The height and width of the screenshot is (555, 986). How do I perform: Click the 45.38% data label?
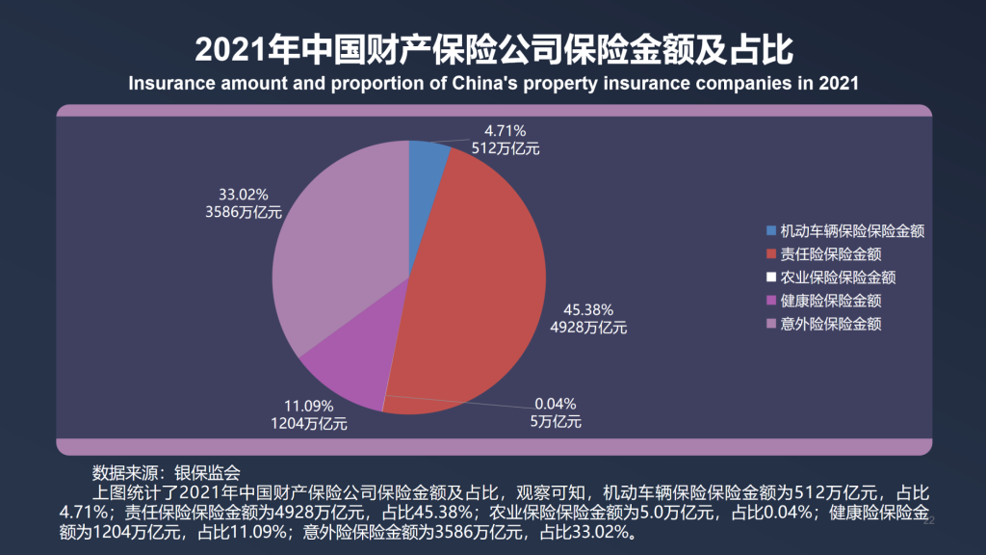click(x=588, y=310)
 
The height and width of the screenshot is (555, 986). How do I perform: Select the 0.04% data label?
click(x=555, y=404)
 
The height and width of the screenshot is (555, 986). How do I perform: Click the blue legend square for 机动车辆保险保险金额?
click(x=770, y=231)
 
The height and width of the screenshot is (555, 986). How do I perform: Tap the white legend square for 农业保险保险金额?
click(x=770, y=277)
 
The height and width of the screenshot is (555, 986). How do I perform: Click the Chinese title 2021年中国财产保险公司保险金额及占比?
click(x=492, y=48)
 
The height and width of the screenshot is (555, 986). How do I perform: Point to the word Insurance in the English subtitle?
click(x=169, y=83)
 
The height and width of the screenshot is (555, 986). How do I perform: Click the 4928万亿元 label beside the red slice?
click(x=588, y=328)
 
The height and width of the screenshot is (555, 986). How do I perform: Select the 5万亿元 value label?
click(x=558, y=421)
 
